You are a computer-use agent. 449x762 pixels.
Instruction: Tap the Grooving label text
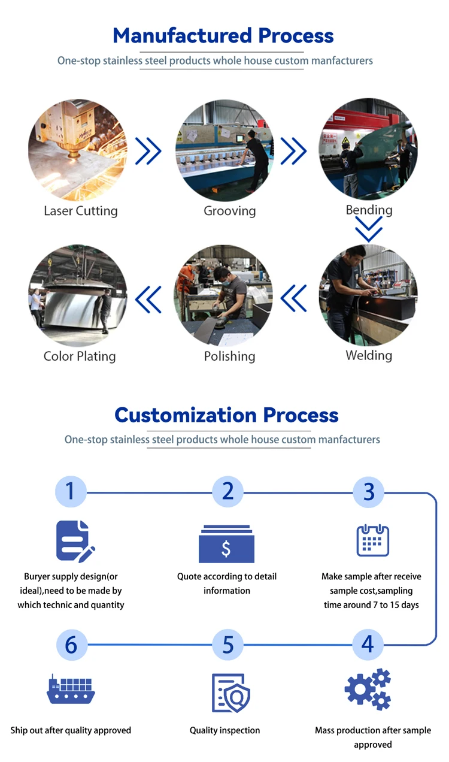click(229, 211)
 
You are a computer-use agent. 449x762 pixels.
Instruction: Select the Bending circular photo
click(368, 150)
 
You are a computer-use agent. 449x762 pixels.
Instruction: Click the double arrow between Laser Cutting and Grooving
click(148, 150)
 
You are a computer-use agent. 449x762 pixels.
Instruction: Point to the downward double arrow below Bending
click(368, 229)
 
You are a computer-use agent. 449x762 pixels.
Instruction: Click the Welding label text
click(369, 355)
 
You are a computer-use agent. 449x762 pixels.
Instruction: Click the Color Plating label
click(80, 356)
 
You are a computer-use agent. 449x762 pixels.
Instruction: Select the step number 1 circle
click(71, 492)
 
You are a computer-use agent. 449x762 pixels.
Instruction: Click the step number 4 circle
click(368, 644)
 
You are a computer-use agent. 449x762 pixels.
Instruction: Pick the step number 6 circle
click(71, 645)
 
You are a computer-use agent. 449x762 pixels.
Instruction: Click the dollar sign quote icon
click(226, 545)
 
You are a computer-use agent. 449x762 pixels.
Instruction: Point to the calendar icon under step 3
click(372, 540)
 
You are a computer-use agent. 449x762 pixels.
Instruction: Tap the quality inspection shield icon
click(230, 693)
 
